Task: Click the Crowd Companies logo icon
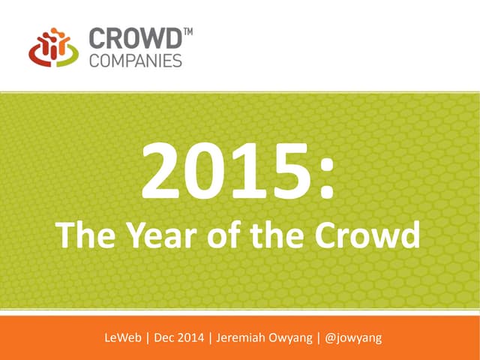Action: click(52, 47)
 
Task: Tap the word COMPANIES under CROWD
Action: click(135, 60)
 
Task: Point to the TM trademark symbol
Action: click(187, 31)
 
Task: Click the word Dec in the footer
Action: click(167, 338)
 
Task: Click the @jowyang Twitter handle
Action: click(354, 338)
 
